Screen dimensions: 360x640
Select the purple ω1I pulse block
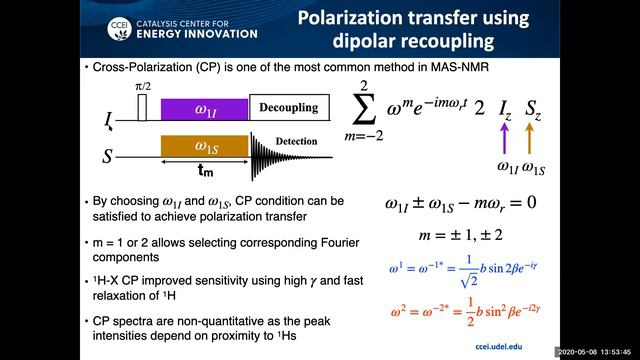pos(204,108)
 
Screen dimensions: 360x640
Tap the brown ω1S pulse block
pos(204,144)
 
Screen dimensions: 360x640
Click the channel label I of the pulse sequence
pos(109,119)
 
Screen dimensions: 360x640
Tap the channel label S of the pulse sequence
pos(109,156)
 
